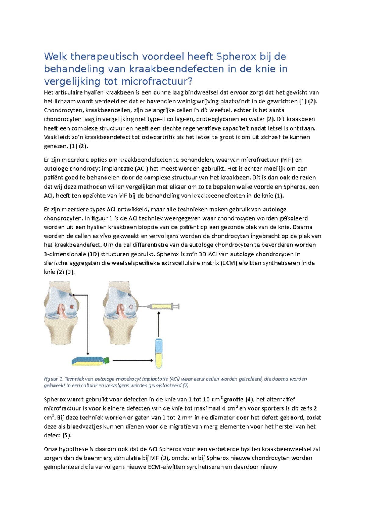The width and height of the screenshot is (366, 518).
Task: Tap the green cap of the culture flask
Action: [106, 360]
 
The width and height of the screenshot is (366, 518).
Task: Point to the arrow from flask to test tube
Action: [132, 360]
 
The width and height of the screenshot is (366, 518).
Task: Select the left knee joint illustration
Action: [62, 313]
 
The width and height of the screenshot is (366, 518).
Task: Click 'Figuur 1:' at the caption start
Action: [53, 379]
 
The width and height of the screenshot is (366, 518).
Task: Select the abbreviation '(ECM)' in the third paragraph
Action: [228, 263]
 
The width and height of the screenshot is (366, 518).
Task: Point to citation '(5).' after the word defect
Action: [66, 435]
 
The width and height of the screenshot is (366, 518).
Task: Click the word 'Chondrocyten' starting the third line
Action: [63, 110]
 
